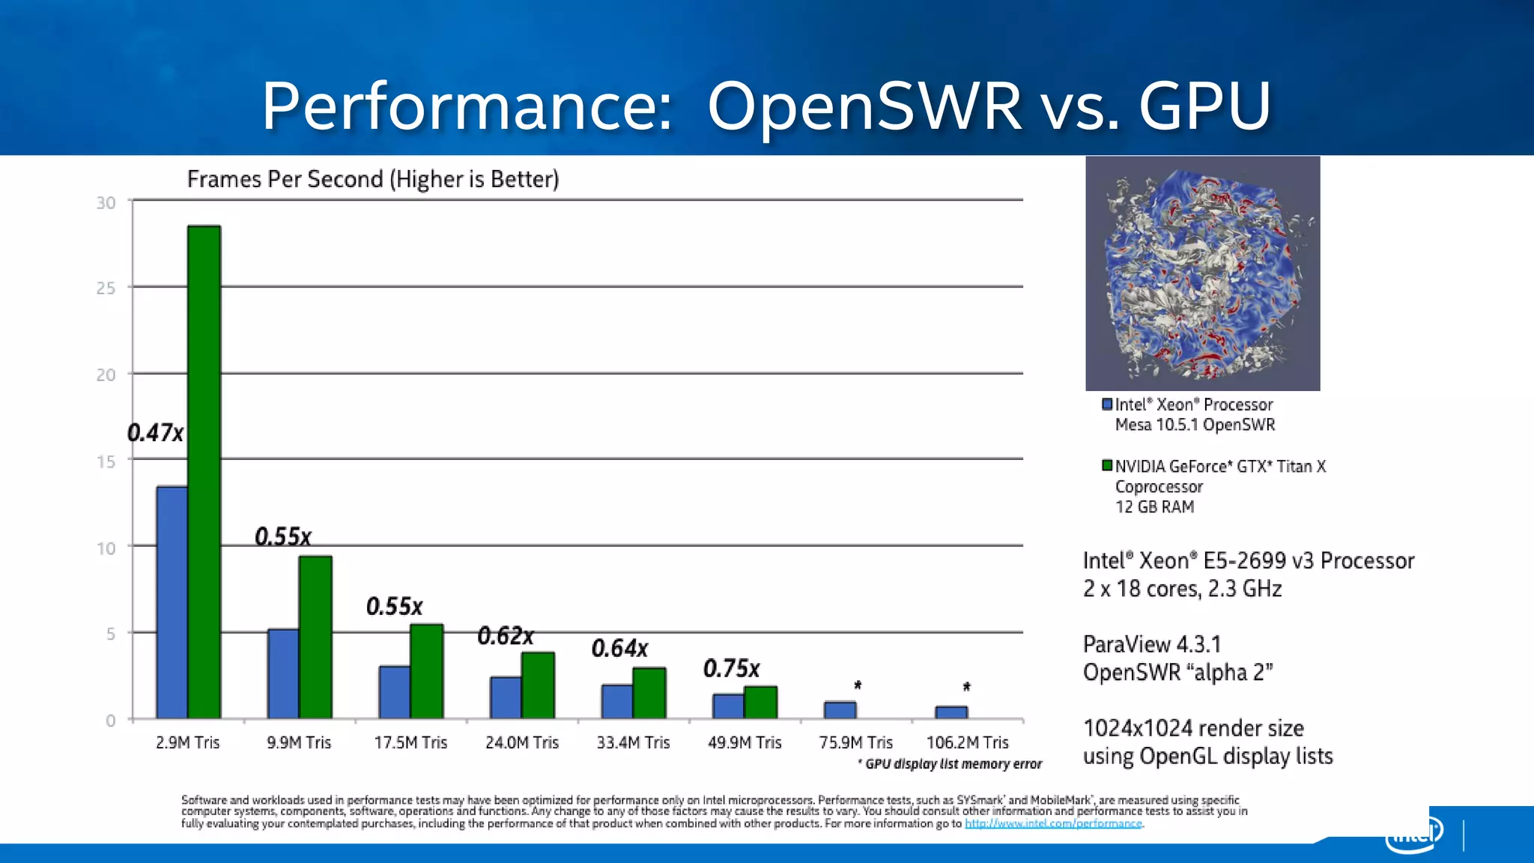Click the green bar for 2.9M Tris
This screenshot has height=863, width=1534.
click(x=204, y=472)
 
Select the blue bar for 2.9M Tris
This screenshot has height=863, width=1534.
click(x=172, y=603)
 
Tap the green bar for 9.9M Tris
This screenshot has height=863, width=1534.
click(x=315, y=638)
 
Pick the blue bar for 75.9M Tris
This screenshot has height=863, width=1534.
click(x=840, y=710)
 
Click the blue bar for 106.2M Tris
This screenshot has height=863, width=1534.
click(x=951, y=712)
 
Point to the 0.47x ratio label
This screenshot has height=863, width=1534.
click(x=155, y=433)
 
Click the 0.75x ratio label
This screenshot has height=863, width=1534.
click(x=731, y=668)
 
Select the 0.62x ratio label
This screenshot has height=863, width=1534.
click(x=506, y=636)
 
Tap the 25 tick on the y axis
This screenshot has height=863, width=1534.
click(x=106, y=288)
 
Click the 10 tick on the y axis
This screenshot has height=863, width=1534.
click(x=106, y=548)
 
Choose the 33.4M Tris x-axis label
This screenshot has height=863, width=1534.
click(x=633, y=742)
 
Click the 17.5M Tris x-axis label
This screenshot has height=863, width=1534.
click(x=410, y=742)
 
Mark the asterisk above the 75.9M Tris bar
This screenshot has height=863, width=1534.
click(x=858, y=685)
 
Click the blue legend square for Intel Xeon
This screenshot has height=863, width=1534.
click(x=1107, y=405)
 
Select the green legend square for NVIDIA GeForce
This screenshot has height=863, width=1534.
click(x=1107, y=466)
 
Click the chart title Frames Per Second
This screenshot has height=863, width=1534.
click(x=373, y=179)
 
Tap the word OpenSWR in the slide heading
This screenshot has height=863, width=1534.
click(x=864, y=106)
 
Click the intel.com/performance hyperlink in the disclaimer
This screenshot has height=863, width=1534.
click(x=1053, y=823)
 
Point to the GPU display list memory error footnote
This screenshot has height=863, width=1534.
click(x=951, y=764)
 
